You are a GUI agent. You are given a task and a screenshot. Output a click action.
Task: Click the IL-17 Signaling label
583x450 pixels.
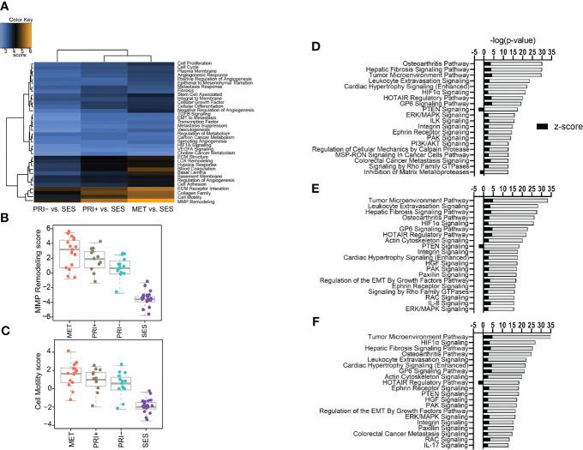point(448,444)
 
